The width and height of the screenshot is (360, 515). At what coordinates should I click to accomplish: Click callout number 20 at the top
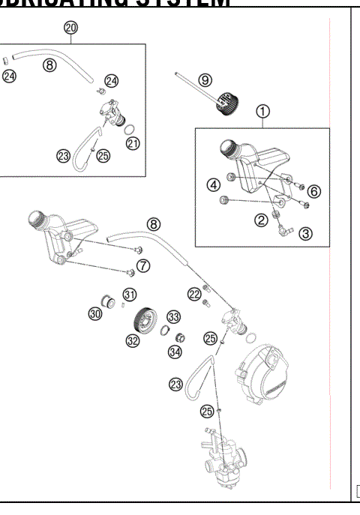coord(70,27)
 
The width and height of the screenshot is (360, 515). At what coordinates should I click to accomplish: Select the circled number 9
coord(205,80)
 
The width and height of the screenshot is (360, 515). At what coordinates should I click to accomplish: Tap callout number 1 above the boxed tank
coord(262,112)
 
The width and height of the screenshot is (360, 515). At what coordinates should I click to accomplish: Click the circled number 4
coord(214,184)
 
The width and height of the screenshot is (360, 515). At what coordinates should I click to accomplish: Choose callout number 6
coord(314,191)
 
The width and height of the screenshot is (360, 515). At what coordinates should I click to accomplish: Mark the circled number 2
coord(260,220)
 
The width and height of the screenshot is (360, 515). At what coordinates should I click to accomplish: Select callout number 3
coord(305,232)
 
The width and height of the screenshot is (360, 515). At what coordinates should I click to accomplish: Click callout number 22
coord(193,293)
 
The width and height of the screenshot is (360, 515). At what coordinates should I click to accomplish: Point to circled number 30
coord(94,314)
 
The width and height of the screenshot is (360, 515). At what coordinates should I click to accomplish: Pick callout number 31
coord(130,294)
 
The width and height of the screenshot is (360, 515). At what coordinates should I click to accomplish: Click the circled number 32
coord(133,340)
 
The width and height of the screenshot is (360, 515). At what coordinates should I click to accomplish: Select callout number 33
coord(174,316)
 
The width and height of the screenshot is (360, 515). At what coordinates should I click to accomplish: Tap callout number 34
coord(175,351)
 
